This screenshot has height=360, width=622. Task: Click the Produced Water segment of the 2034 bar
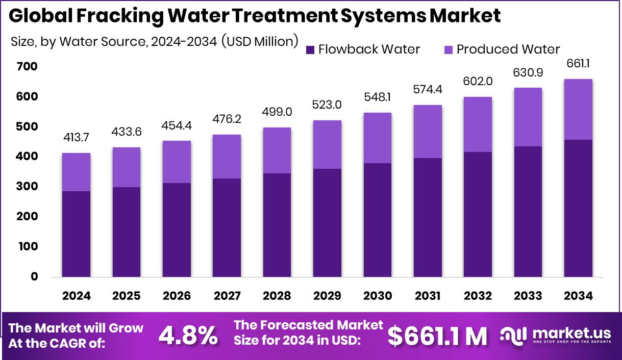[x=578, y=109]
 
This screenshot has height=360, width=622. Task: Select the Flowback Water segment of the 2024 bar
[x=77, y=234]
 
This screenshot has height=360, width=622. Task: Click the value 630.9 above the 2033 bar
[x=528, y=72]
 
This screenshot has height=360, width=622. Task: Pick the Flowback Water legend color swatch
[x=310, y=50]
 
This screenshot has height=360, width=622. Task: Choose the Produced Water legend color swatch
[x=449, y=50]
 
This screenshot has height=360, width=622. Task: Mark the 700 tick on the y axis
[x=27, y=67]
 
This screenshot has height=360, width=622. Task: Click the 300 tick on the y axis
[x=27, y=187]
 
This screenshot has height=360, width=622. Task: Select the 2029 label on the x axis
[x=327, y=296]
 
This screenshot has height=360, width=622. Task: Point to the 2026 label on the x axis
[x=177, y=296]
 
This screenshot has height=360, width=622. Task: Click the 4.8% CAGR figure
[x=188, y=335]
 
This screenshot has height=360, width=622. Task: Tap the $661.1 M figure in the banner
[x=437, y=335]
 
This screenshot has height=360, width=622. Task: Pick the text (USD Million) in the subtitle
[x=260, y=41]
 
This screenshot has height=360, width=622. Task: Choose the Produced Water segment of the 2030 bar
[x=378, y=138]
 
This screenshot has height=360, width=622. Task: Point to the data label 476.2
[x=227, y=118]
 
